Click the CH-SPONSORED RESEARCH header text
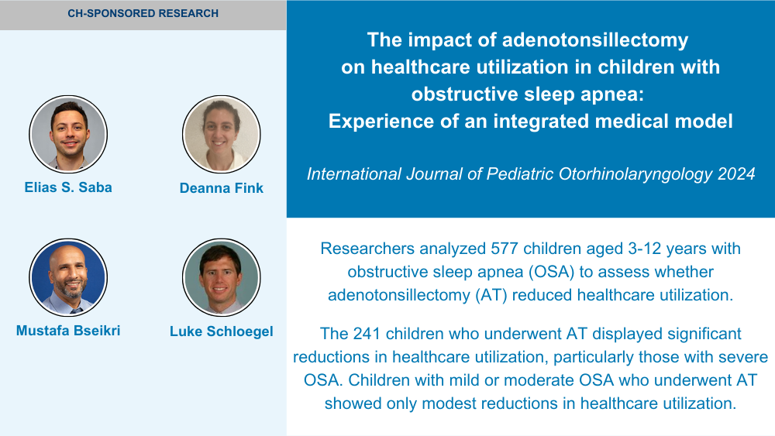coord(143,13)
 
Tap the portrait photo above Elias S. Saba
coord(68,134)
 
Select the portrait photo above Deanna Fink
coord(222,134)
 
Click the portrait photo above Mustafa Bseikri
coord(68,277)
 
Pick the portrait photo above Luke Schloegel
coord(222,277)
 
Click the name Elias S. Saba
coord(68,187)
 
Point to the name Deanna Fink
coord(222,188)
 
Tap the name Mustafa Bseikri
coord(68,331)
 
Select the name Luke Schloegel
coord(222,331)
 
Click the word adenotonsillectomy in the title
coord(595,40)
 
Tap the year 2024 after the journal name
coord(736,173)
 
